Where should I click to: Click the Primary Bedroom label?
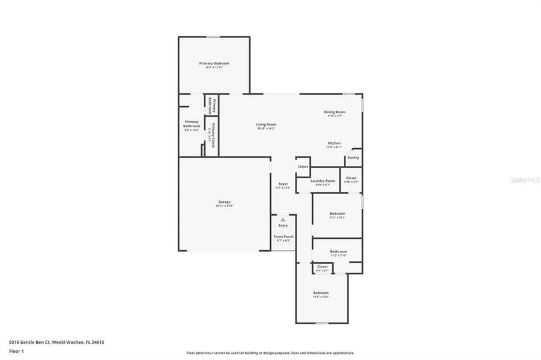[214, 63]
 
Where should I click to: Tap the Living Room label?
[266, 124]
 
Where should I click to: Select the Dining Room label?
[334, 112]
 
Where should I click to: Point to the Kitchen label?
[334, 143]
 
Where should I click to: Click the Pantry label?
[353, 158]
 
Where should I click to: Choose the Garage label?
[224, 202]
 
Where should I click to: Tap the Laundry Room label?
[322, 181]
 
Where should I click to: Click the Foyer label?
[283, 184]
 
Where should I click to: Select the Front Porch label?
[283, 236]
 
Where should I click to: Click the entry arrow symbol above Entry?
[283, 220]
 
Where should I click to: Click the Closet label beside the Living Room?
[303, 167]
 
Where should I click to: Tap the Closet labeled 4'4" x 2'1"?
[322, 266]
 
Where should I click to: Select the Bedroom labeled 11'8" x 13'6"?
[321, 293]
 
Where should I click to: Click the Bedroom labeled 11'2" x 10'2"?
[337, 214]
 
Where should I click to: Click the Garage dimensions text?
[224, 206]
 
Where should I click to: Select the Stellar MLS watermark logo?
[524, 179]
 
